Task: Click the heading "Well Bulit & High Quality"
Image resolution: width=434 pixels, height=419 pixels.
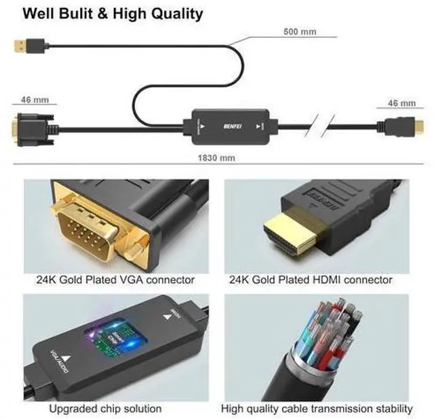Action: pos(113,13)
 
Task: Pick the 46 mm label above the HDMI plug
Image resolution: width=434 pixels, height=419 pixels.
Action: pos(401,103)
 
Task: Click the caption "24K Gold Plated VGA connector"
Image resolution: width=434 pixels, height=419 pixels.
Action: pos(115,279)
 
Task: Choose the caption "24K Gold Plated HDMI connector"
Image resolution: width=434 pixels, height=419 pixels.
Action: pos(311,279)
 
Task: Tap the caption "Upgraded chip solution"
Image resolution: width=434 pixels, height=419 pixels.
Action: pos(105,408)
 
